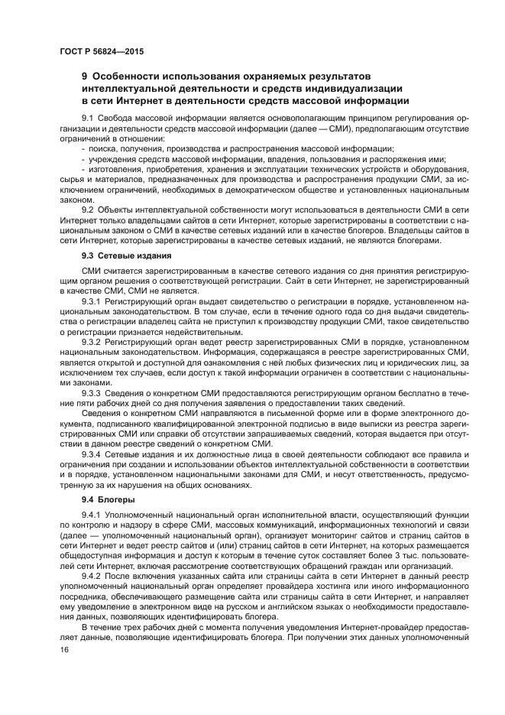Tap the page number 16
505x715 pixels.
tap(63, 649)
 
